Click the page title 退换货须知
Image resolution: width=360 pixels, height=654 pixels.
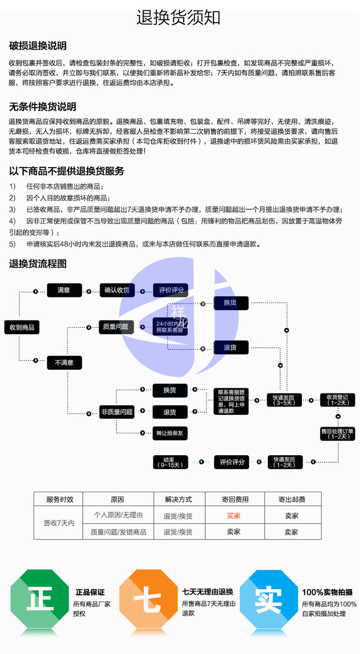178,18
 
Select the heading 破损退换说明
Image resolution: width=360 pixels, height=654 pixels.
37,46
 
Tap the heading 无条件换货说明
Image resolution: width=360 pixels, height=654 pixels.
42,107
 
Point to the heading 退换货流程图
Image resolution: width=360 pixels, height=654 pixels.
37,264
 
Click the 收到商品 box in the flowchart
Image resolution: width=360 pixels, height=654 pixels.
22,327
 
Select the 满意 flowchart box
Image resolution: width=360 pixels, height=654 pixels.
64,290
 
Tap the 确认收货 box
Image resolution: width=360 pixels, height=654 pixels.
117,290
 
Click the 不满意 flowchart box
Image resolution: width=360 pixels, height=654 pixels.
64,363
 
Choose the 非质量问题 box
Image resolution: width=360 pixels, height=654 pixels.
117,412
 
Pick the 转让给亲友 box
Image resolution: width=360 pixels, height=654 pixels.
170,433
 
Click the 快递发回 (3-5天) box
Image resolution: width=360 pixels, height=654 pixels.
284,400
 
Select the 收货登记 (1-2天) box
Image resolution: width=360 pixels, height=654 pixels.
338,400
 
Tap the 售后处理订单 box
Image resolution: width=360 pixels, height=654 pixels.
338,434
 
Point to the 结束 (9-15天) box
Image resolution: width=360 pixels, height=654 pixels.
171,462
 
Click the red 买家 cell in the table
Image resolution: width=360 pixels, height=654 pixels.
234,516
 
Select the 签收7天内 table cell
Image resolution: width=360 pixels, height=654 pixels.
59,523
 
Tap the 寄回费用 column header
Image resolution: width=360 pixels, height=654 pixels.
235,500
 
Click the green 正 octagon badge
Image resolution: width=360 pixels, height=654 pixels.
40,599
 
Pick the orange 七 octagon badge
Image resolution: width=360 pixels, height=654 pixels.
148,599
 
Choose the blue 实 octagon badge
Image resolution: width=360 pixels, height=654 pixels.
269,599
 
